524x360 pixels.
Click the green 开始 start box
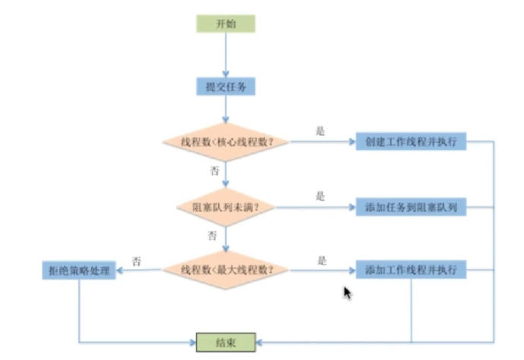pyautogui.click(x=226, y=24)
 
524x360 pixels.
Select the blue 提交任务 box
pyautogui.click(x=226, y=87)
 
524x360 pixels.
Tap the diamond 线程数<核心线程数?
pyautogui.click(x=226, y=142)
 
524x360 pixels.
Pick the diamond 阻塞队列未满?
pyautogui.click(x=226, y=207)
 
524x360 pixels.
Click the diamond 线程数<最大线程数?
pyautogui.click(x=226, y=270)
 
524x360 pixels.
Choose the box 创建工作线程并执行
pyautogui.click(x=411, y=141)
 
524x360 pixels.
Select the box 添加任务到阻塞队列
pyautogui.click(x=411, y=207)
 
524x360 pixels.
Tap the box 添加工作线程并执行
pyautogui.click(x=411, y=270)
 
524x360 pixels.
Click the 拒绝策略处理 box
pyautogui.click(x=79, y=270)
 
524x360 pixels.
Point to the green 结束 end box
pyautogui.click(x=226, y=343)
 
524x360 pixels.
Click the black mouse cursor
pyautogui.click(x=348, y=293)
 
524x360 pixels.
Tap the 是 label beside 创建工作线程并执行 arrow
pyautogui.click(x=320, y=131)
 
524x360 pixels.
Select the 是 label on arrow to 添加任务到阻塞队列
pyautogui.click(x=320, y=196)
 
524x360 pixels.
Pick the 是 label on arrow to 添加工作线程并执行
pyautogui.click(x=322, y=261)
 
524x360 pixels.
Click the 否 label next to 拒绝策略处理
pyautogui.click(x=137, y=261)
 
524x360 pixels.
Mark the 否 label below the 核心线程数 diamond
pyautogui.click(x=215, y=171)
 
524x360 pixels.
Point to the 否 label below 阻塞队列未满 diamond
pyautogui.click(x=212, y=235)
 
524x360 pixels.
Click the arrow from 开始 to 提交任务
pyautogui.click(x=226, y=55)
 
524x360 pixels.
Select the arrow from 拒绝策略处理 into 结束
pyautogui.click(x=79, y=343)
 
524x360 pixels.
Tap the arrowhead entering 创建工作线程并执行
pyautogui.click(x=352, y=142)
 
